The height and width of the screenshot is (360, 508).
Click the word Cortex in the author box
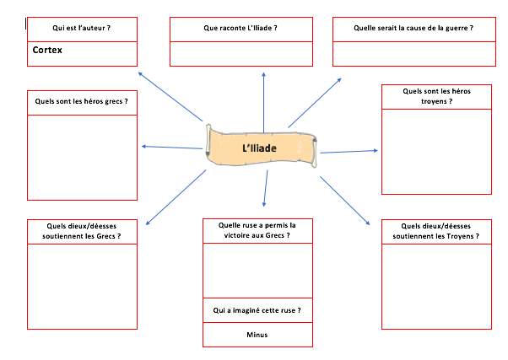48,51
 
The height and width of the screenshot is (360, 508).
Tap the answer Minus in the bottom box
257,335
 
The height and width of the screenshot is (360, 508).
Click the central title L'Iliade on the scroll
259,148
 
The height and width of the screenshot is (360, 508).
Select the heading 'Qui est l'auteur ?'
82,28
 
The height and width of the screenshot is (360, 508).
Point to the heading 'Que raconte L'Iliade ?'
240,28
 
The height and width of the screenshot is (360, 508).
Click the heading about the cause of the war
414,28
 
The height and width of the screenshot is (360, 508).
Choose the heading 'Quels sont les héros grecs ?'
82,101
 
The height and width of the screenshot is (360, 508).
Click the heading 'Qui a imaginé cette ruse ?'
257,310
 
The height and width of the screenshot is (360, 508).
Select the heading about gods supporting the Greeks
82,231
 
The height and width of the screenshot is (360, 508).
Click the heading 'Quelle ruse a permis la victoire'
257,230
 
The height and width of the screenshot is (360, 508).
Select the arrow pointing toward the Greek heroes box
173,148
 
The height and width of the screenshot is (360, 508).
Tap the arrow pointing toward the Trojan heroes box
348,152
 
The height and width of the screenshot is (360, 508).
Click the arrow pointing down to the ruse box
266,189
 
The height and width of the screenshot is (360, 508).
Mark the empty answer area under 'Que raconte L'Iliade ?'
240,52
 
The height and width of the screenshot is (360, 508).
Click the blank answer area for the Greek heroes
82,156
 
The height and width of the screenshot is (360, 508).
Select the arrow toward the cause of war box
314,102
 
